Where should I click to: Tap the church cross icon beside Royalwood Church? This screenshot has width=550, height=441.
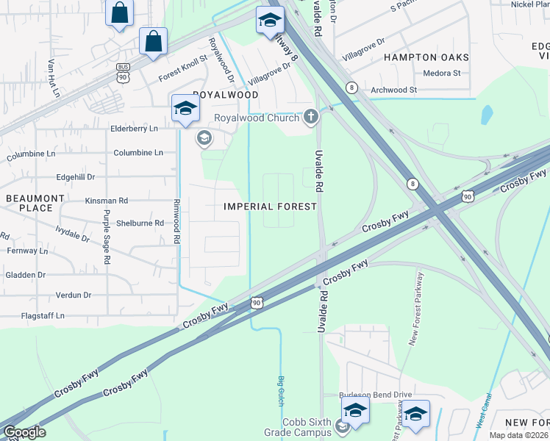tap(311, 117)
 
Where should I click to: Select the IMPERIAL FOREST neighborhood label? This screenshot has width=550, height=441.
tap(270, 207)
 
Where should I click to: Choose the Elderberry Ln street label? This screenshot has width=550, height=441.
tap(134, 128)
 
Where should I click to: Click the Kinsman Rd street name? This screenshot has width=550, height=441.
tap(107, 200)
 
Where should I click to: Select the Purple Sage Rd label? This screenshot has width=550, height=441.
tap(107, 237)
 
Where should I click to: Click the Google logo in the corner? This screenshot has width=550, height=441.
tap(24, 432)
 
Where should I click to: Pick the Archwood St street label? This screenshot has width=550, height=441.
tap(394, 90)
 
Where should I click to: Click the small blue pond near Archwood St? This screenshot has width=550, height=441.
tap(486, 115)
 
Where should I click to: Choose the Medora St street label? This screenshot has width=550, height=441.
tap(442, 73)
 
